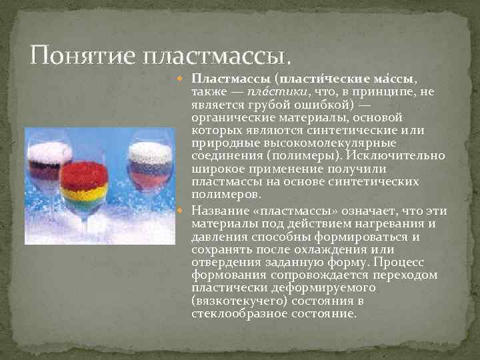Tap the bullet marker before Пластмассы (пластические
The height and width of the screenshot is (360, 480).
click(x=186, y=79)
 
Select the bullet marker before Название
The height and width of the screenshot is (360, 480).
click(x=186, y=211)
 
